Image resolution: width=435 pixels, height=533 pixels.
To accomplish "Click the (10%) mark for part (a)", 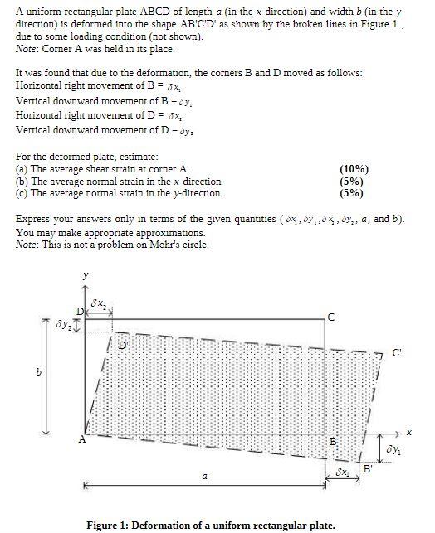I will (354, 169).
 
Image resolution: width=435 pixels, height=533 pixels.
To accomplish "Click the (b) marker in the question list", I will (22, 182).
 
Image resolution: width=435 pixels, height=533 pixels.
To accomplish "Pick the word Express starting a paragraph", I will (35, 219).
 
